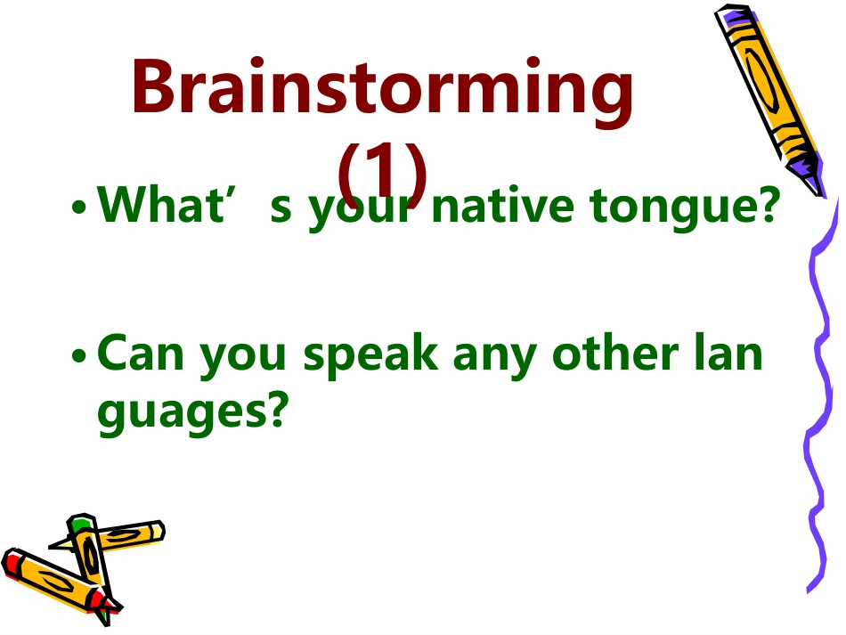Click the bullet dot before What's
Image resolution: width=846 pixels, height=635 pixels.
tap(80, 209)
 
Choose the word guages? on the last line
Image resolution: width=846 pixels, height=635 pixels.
tap(194, 412)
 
